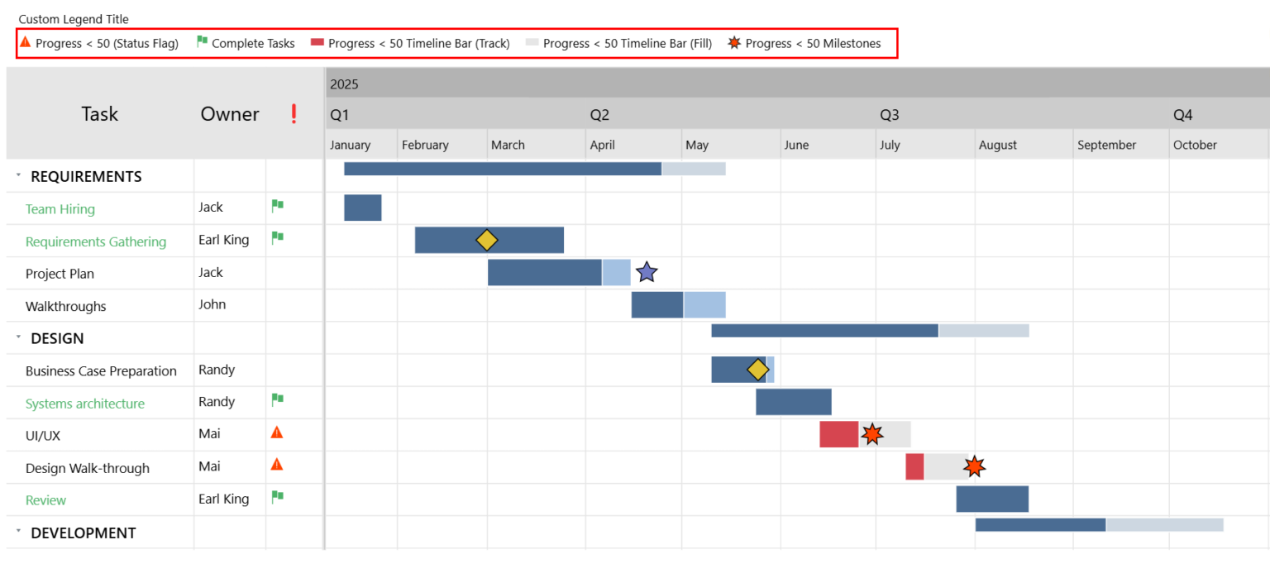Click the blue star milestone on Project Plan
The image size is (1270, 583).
pos(647,272)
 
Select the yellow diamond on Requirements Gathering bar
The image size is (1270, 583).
pos(487,240)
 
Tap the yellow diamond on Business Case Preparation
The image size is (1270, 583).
pos(757,370)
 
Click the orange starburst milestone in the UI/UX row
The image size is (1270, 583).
pos(872,434)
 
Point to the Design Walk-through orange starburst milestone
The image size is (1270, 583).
pos(975,467)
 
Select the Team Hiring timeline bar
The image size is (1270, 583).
pos(362,208)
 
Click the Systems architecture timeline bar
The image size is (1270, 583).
pos(793,402)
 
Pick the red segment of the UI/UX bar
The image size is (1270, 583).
pos(838,434)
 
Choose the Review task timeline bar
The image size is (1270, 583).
pos(992,499)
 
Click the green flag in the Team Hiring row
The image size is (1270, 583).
pos(278,206)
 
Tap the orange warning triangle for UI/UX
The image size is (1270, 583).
pos(277,432)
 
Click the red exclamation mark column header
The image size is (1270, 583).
pos(294,114)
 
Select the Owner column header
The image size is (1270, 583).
pos(230,114)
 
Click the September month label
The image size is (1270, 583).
pos(1106,145)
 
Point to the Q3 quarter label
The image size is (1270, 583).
pos(889,115)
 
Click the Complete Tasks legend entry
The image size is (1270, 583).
pos(246,43)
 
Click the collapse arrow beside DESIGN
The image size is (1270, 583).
pos(18,337)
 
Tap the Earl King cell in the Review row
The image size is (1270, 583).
pos(223,499)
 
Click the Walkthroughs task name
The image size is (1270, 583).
pos(66,306)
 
